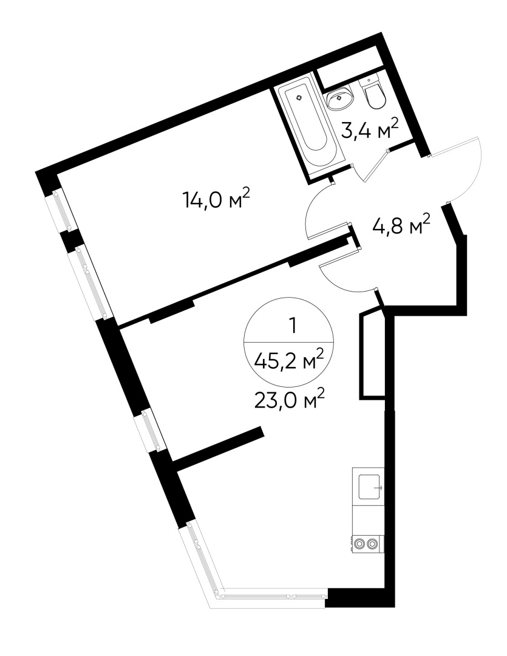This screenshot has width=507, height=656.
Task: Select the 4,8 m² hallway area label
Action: click(x=401, y=227)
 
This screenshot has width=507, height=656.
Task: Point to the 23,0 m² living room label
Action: click(x=290, y=400)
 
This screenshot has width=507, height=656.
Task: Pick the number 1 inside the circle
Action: click(x=292, y=327)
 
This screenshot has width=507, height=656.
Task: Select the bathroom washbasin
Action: click(x=341, y=98)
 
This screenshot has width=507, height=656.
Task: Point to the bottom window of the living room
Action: click(x=273, y=595)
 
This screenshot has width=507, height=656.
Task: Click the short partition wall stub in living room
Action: click(x=219, y=448)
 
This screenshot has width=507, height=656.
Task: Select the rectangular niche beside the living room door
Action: click(x=373, y=355)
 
